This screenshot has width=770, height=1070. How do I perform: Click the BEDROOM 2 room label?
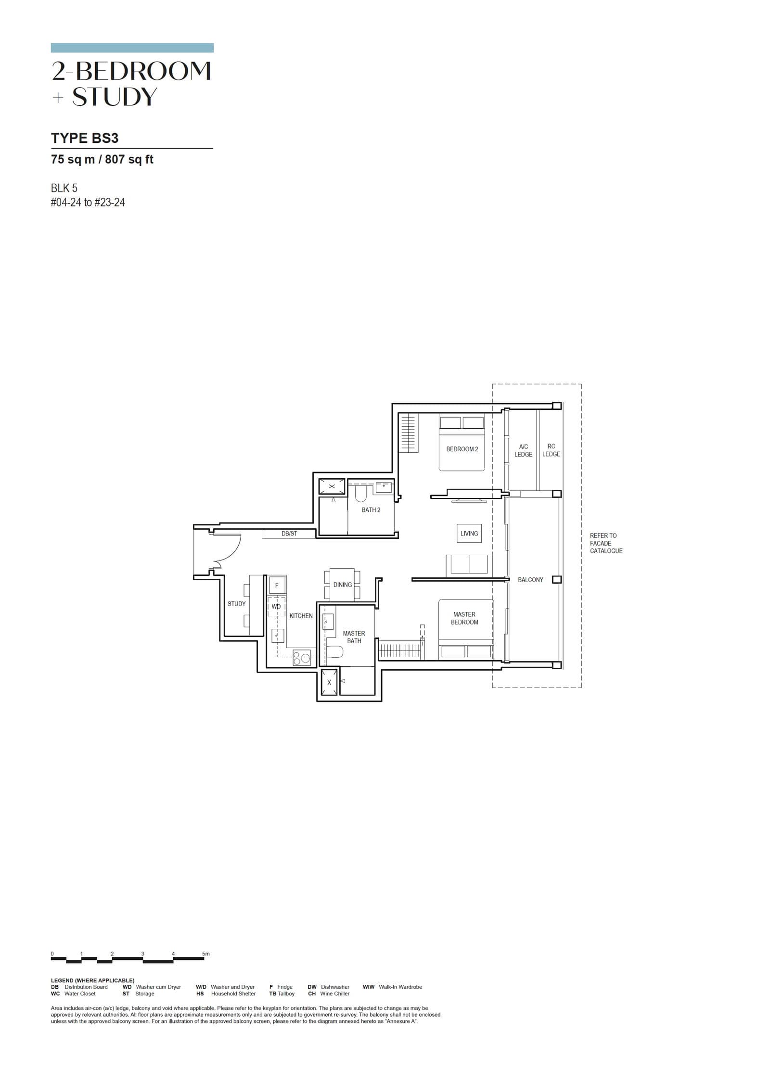[x=462, y=449]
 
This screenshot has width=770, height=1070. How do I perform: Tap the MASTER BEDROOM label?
[x=464, y=618]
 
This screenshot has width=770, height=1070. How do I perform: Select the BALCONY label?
[x=530, y=580]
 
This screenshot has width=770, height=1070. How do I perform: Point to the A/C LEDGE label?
[x=523, y=450]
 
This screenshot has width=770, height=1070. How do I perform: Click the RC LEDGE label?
[x=551, y=450]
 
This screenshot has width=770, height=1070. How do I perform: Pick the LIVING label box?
[x=469, y=534]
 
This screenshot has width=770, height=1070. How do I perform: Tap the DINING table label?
[x=342, y=585]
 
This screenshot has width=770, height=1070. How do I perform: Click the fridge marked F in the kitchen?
[x=276, y=586]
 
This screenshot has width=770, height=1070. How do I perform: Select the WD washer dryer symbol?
[x=276, y=607]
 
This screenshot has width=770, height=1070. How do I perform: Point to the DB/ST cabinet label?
[x=289, y=534]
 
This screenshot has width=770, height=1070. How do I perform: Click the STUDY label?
[x=236, y=604]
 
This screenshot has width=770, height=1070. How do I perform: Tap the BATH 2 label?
[x=371, y=510]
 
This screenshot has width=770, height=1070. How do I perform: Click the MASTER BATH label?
[x=354, y=637]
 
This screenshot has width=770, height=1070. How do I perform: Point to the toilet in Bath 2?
[x=361, y=494]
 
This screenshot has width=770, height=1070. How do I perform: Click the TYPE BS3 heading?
[x=85, y=138]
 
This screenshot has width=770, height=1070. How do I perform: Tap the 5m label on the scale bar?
[x=205, y=954]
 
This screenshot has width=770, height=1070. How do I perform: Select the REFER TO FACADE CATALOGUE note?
[x=605, y=543]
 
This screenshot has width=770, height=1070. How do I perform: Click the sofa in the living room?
[x=469, y=565]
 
